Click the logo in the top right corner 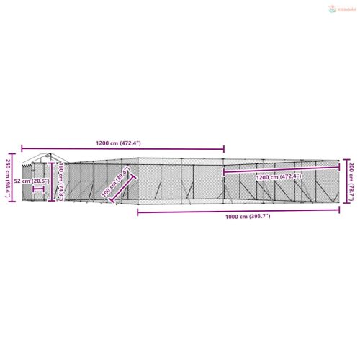(338, 9)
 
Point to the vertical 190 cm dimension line (53, 180)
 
